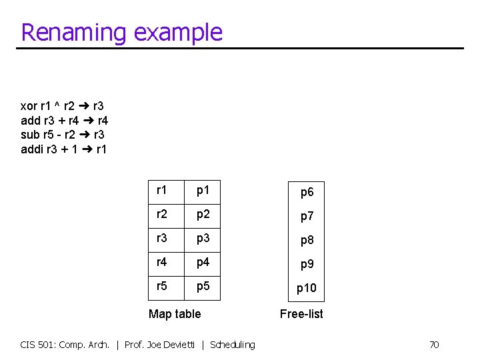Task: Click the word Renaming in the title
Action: [x=74, y=32]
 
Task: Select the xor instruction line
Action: [x=62, y=106]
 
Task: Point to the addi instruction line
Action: [x=64, y=149]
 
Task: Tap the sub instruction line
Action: [x=62, y=135]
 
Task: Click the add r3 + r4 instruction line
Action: [x=65, y=121]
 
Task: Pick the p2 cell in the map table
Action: [x=203, y=214]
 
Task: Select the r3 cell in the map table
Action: [x=162, y=238]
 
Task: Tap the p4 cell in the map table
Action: [x=203, y=262]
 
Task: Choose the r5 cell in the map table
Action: [x=162, y=286]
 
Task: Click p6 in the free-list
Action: [x=307, y=192]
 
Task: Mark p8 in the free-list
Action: [x=307, y=240]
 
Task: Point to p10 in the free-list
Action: [x=307, y=288]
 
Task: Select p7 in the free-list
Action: [x=307, y=216]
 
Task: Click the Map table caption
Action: [x=175, y=313]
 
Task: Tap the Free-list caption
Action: [x=301, y=313]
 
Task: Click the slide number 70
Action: [x=433, y=345]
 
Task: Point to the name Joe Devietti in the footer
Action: [x=172, y=345]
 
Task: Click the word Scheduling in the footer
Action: [x=232, y=345]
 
